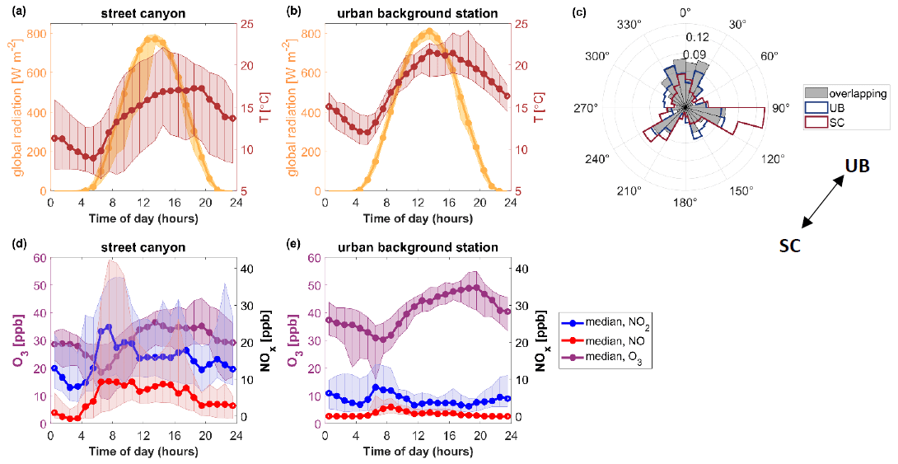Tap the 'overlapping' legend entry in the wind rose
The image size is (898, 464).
tap(843, 94)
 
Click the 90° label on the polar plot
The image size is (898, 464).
tap(780, 108)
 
